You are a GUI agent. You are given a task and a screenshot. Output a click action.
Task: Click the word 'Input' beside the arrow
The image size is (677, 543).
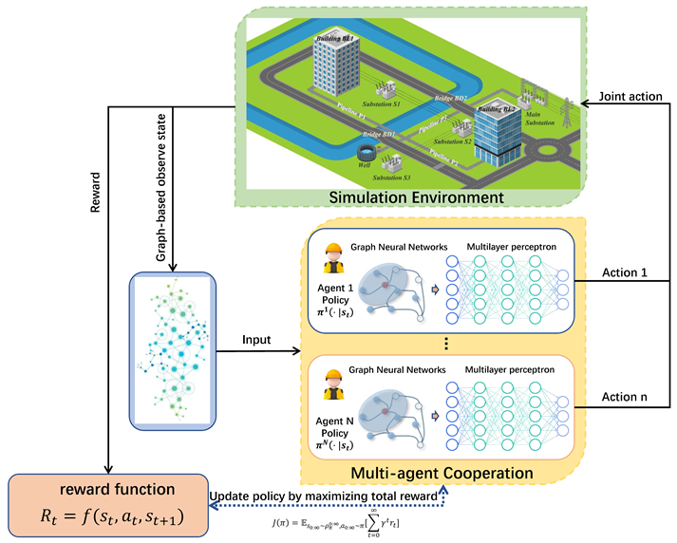point(256,339)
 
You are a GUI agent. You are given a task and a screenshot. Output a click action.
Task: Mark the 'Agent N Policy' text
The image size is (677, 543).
point(334,425)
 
